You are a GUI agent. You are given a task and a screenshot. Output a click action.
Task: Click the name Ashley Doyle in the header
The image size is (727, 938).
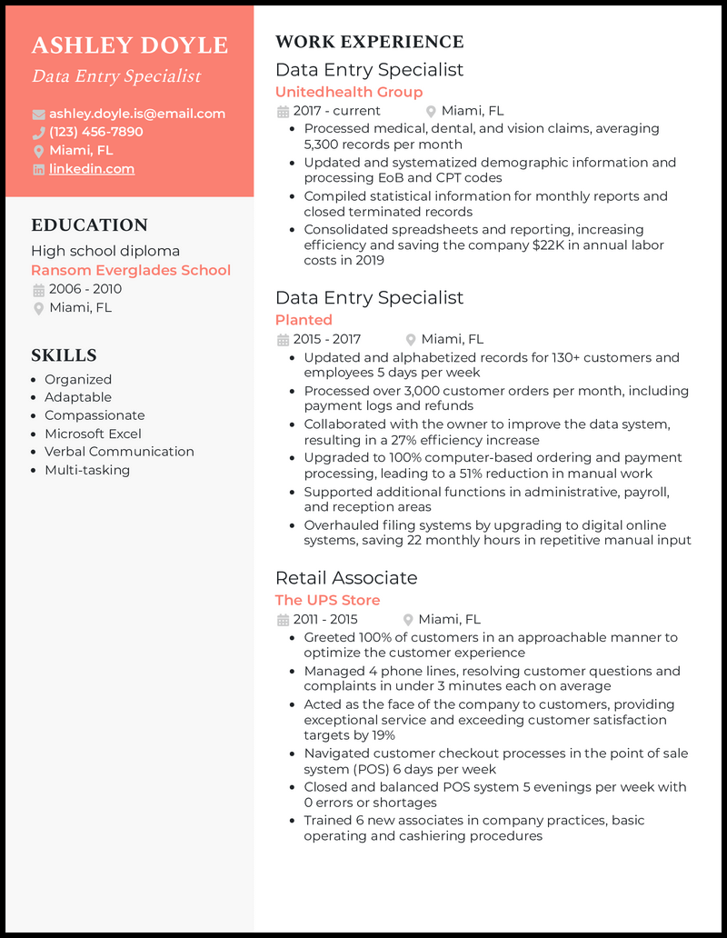click(x=129, y=45)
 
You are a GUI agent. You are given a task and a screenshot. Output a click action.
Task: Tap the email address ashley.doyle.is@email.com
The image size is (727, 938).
click(x=136, y=114)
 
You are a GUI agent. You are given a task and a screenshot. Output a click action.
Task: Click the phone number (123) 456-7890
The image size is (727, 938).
click(x=95, y=132)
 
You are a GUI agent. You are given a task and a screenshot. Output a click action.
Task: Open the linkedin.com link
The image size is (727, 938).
click(x=91, y=169)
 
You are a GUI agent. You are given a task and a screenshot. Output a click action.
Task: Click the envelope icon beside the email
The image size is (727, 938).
click(x=38, y=115)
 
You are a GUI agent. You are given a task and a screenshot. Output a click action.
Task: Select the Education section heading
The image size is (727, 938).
click(x=89, y=225)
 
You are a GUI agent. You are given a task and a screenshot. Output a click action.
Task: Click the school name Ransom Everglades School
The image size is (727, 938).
click(x=131, y=270)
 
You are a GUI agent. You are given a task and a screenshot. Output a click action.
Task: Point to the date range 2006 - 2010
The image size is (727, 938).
click(x=85, y=289)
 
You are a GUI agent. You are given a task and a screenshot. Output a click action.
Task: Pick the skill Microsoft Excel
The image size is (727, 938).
click(x=93, y=434)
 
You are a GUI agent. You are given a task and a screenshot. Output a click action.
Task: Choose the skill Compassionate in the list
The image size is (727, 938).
click(x=95, y=415)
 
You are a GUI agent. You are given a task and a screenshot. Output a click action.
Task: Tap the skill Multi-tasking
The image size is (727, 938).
click(x=87, y=470)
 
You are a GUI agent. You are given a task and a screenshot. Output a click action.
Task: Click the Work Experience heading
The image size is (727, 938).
click(x=369, y=42)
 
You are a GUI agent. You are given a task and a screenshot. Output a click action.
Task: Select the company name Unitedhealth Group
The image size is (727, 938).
click(x=348, y=92)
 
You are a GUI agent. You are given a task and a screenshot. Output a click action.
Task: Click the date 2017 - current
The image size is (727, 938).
click(x=336, y=111)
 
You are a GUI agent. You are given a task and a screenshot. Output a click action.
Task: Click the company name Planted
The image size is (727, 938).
click(x=304, y=320)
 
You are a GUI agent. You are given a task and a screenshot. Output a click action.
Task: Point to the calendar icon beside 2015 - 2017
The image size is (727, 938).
click(x=282, y=339)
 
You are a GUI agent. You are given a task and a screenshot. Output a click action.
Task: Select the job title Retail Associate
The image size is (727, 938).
click(x=346, y=578)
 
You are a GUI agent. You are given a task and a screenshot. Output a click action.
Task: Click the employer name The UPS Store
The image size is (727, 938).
click(x=327, y=600)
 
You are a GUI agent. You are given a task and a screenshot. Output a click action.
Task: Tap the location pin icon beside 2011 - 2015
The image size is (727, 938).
click(x=409, y=620)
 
